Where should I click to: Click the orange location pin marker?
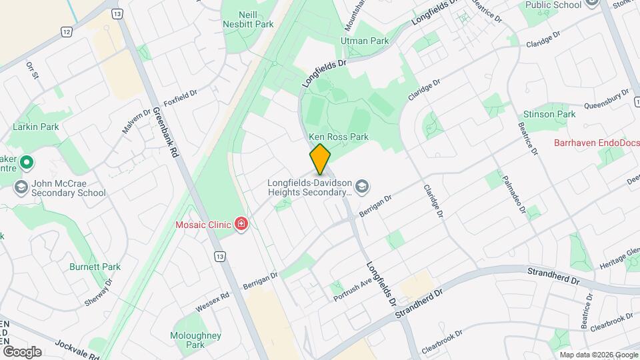point(321,159)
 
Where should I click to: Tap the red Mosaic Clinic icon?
point(241,224)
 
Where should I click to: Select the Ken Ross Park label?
point(339,137)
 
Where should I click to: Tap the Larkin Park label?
point(36,127)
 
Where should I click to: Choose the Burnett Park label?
point(95,267)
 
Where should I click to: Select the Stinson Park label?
point(549,114)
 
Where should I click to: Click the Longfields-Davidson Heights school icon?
point(362,186)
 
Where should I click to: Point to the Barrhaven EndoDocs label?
point(595,143)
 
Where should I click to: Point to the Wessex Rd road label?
point(213,303)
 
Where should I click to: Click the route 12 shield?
point(66,31)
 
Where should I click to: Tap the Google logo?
point(22,351)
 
